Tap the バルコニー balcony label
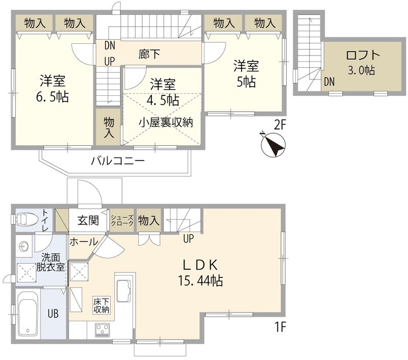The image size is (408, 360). click(x=118, y=161)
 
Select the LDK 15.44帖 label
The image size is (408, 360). click(x=201, y=272)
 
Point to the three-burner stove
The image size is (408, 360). click(x=104, y=330)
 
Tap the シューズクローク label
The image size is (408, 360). click(x=122, y=221)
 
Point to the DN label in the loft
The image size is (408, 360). click(x=329, y=82)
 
